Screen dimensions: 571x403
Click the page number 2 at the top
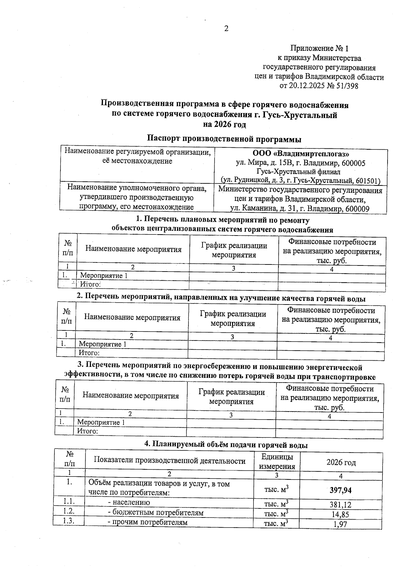[x=226, y=29]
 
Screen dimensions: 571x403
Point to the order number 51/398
[x=346, y=86]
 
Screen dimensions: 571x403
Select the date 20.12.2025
[x=307, y=86]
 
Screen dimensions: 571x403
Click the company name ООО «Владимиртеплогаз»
[x=301, y=154]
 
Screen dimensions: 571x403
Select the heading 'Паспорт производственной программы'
[x=224, y=139]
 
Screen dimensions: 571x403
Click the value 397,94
[x=341, y=490]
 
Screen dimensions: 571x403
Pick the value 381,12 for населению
[x=341, y=505]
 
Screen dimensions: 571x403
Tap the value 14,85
[x=341, y=514]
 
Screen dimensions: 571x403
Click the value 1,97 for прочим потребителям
[x=341, y=524]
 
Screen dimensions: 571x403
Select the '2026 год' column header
[x=341, y=462]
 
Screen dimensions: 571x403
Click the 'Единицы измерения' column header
[x=277, y=461]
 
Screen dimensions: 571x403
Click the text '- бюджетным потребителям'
[x=155, y=512]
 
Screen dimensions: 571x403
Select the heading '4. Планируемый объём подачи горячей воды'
[x=226, y=445]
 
